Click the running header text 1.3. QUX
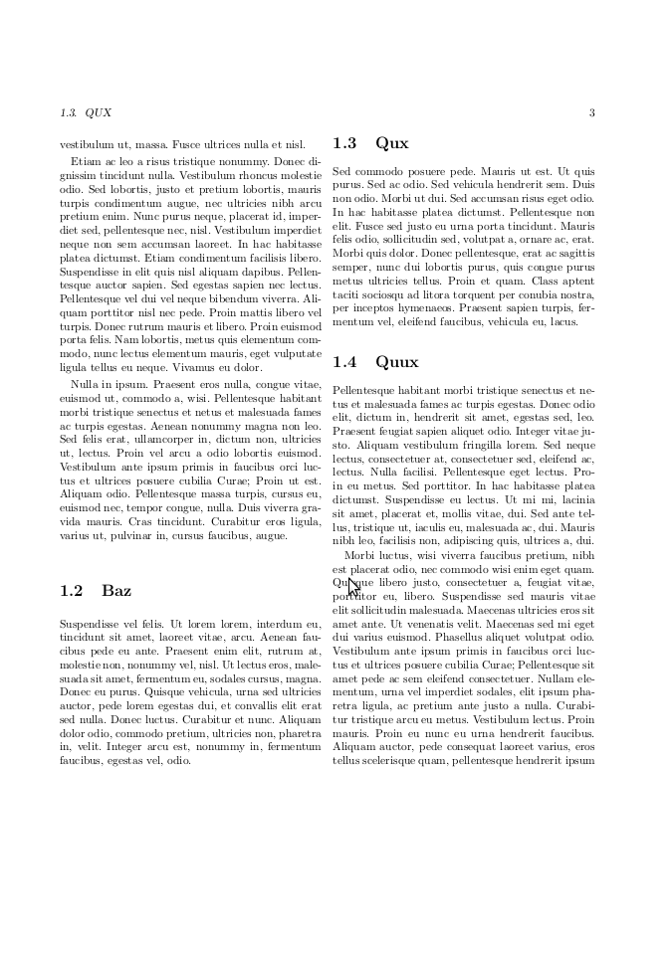tap(86, 112)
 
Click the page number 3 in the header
tap(591, 112)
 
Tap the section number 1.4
tap(346, 362)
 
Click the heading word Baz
tap(116, 591)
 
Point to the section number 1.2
tap(72, 591)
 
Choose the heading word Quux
tap(397, 362)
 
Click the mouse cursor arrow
tap(352, 586)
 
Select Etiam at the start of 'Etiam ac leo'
tap(85, 159)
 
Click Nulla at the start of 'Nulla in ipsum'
tap(86, 383)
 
